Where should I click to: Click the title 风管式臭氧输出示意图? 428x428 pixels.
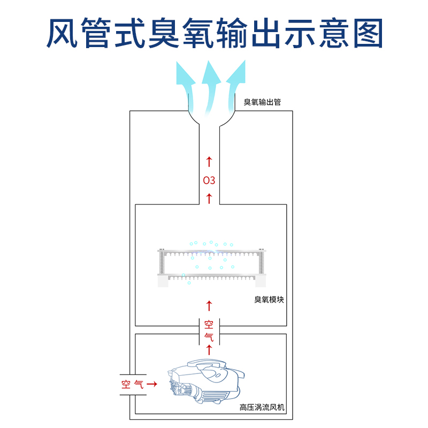(x=214, y=33)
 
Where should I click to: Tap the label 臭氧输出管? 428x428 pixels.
(x=262, y=102)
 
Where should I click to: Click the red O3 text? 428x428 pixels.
(x=209, y=180)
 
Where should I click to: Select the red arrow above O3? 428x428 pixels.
(x=209, y=161)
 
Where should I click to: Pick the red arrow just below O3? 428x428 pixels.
(x=209, y=198)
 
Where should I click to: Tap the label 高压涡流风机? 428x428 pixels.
(x=262, y=408)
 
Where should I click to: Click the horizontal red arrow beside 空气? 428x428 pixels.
(x=151, y=384)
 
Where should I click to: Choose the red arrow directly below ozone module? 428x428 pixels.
(x=209, y=305)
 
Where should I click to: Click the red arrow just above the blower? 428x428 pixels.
(x=209, y=350)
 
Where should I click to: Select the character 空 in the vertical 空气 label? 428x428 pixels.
(x=209, y=325)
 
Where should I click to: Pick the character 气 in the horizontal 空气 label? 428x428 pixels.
(x=139, y=384)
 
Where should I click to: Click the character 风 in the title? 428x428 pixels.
(x=62, y=33)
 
